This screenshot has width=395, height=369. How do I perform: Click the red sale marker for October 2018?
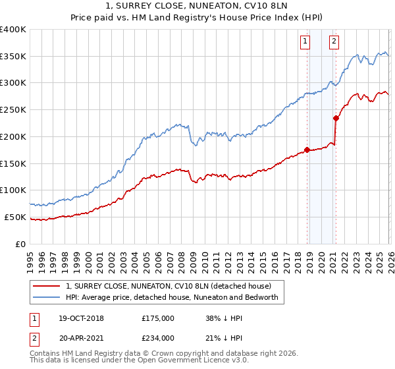(307, 150)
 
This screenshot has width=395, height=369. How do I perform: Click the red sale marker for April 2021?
(336, 119)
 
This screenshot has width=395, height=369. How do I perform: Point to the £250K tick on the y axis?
(13, 109)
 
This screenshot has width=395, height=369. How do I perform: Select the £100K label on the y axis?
(13, 190)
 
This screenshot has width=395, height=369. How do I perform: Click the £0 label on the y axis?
(20, 244)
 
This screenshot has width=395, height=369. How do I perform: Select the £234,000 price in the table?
(158, 338)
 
